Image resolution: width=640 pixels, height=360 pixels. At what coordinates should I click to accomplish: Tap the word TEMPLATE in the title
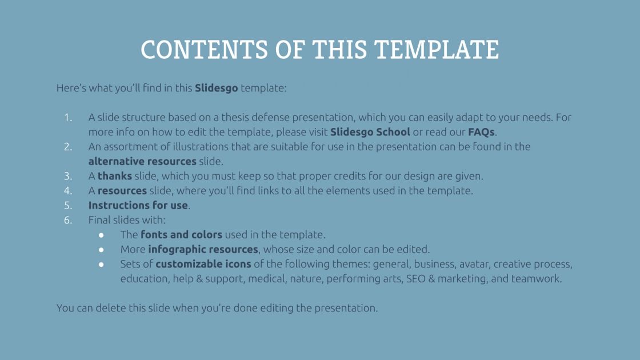coord(437,50)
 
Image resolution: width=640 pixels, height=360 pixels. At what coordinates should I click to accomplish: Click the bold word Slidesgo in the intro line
coord(217,88)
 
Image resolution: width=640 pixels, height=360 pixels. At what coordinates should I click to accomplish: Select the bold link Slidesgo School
coord(370,132)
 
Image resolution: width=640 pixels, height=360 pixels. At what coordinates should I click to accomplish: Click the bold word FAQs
coord(481,132)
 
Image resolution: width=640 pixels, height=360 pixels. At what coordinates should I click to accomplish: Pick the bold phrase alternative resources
coord(142,161)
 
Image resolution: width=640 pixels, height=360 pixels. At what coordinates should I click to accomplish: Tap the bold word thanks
coord(115,176)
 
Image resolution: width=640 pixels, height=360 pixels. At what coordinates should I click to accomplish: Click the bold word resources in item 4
coord(122,191)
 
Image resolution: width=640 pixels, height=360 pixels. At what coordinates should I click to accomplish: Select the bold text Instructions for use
coord(138,205)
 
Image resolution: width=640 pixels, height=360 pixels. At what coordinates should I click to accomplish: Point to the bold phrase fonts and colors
coord(181,235)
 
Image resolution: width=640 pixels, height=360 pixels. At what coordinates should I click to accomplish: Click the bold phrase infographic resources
coord(203,249)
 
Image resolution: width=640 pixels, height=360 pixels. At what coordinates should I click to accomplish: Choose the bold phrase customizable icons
coord(203,264)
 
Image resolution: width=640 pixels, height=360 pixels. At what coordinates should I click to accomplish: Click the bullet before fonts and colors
coord(101,235)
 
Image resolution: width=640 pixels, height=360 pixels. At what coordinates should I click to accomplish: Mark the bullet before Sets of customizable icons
coord(101,265)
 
